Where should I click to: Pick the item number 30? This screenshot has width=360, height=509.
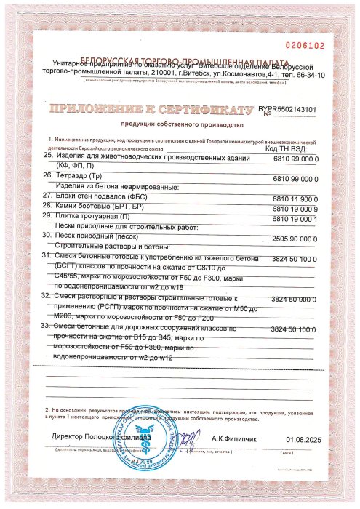48,236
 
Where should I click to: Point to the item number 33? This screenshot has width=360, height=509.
48,329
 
